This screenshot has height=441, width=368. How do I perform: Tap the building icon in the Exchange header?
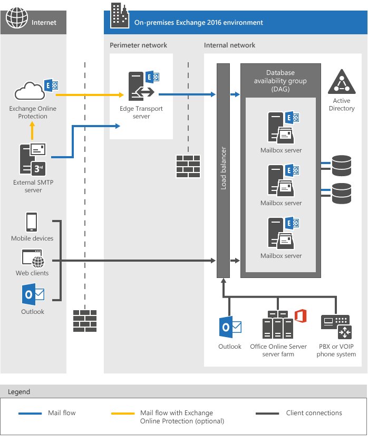tap(119, 15)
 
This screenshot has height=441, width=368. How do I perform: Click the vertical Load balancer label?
tap(224, 169)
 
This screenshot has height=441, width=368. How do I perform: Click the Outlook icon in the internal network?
tap(230, 328)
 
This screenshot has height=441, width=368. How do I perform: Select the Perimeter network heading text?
tap(138, 45)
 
